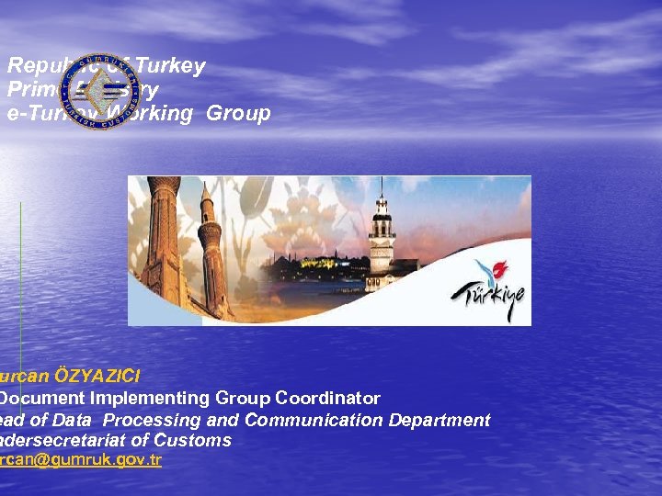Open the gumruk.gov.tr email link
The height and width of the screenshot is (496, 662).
[x=81, y=459]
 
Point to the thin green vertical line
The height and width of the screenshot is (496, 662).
[x=20, y=276]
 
